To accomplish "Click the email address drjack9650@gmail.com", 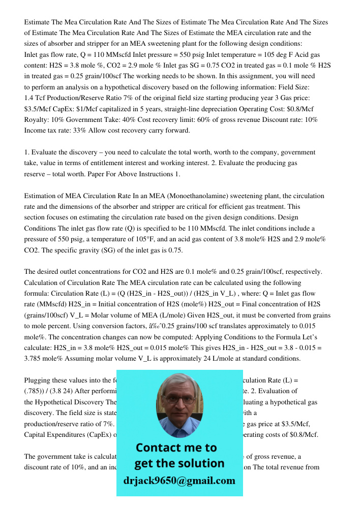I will coord(179,481).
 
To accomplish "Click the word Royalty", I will coord(37,119).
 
